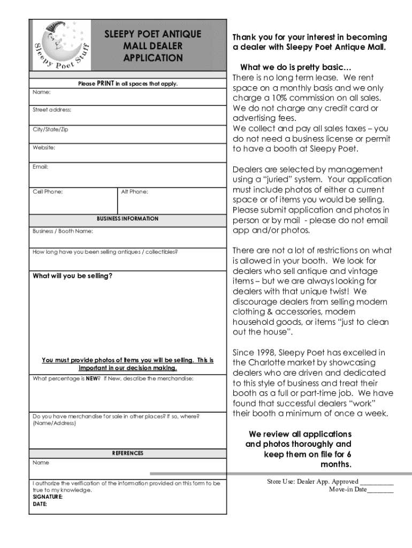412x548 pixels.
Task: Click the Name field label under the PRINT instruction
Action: point(41,92)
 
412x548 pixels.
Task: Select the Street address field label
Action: point(52,110)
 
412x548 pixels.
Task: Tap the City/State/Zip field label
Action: point(50,130)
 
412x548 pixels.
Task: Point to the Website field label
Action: point(44,147)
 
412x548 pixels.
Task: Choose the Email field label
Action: point(40,167)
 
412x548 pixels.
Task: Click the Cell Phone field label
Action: point(48,192)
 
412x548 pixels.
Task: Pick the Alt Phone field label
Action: point(135,192)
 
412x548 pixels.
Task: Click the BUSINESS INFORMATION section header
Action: point(127,219)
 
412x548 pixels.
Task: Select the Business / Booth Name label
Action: point(63,231)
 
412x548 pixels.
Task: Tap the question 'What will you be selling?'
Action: point(73,276)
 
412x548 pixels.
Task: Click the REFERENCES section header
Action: point(127,453)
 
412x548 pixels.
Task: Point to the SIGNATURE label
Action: point(48,497)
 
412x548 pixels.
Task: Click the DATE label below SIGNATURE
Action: point(40,504)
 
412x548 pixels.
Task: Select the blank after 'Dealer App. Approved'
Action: point(377,482)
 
